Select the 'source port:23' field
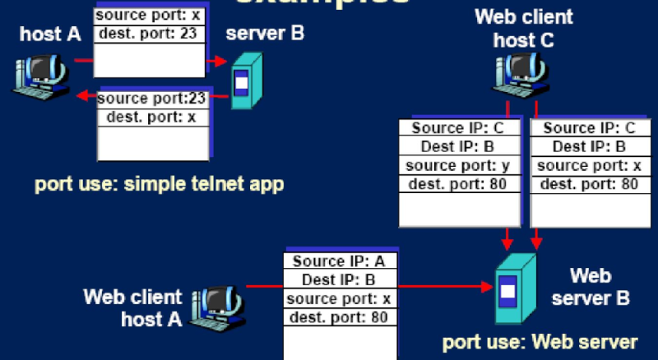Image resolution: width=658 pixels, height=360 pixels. point(151,99)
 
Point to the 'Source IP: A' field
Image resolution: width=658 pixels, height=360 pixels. point(341,261)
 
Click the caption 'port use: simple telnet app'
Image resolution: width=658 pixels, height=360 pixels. point(159,183)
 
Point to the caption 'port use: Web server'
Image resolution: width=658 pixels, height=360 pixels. point(540,341)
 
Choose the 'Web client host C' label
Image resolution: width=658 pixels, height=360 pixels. point(524,28)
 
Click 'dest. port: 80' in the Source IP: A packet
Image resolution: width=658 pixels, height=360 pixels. point(341,316)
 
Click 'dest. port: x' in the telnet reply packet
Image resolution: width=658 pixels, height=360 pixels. point(151,118)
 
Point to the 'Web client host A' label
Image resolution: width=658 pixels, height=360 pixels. point(132,307)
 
